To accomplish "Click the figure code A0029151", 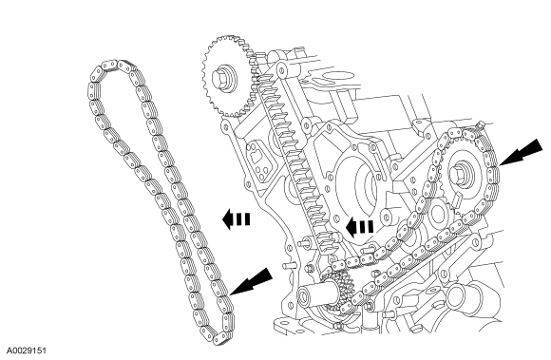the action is (x=27, y=351).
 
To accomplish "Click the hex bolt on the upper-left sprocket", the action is (x=222, y=78).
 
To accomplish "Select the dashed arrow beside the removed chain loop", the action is (x=237, y=218).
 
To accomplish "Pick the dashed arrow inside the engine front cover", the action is (x=359, y=226).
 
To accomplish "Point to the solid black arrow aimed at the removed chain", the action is (x=252, y=281).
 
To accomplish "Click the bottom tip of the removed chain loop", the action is (x=219, y=340).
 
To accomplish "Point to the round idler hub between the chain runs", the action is (x=437, y=214).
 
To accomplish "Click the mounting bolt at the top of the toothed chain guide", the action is (x=281, y=70).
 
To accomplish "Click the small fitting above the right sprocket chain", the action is (x=480, y=124).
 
